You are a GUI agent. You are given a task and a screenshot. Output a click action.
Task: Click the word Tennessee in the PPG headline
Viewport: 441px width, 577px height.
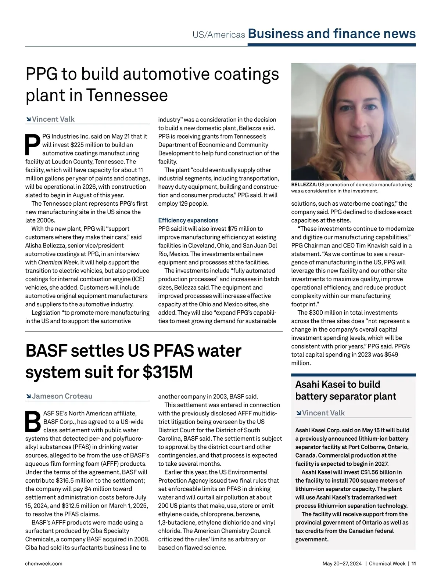pos(127,95)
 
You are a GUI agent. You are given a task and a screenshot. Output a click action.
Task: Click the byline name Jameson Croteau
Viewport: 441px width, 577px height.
pos(62,396)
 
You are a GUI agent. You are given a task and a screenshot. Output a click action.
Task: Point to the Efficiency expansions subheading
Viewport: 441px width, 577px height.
pos(188,220)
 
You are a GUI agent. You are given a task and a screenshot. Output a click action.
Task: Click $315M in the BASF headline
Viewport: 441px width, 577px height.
pos(168,372)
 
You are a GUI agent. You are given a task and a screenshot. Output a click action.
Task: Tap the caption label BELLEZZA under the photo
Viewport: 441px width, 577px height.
pos(304,185)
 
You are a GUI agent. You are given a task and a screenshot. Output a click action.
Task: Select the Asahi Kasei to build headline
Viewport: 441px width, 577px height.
pos(338,385)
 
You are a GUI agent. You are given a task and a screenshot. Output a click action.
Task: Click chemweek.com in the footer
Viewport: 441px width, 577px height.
pos(44,563)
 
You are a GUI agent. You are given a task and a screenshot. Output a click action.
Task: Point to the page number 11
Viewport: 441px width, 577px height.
pos(413,563)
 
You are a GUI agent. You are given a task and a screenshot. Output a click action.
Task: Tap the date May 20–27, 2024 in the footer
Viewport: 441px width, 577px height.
pos(342,563)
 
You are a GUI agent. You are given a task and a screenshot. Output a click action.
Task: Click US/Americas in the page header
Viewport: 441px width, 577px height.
pos(219,35)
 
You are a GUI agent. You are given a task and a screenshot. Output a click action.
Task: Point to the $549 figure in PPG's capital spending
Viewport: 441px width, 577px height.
pos(391,355)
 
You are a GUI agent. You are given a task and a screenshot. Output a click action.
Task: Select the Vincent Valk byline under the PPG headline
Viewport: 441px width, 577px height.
pos(53,119)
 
